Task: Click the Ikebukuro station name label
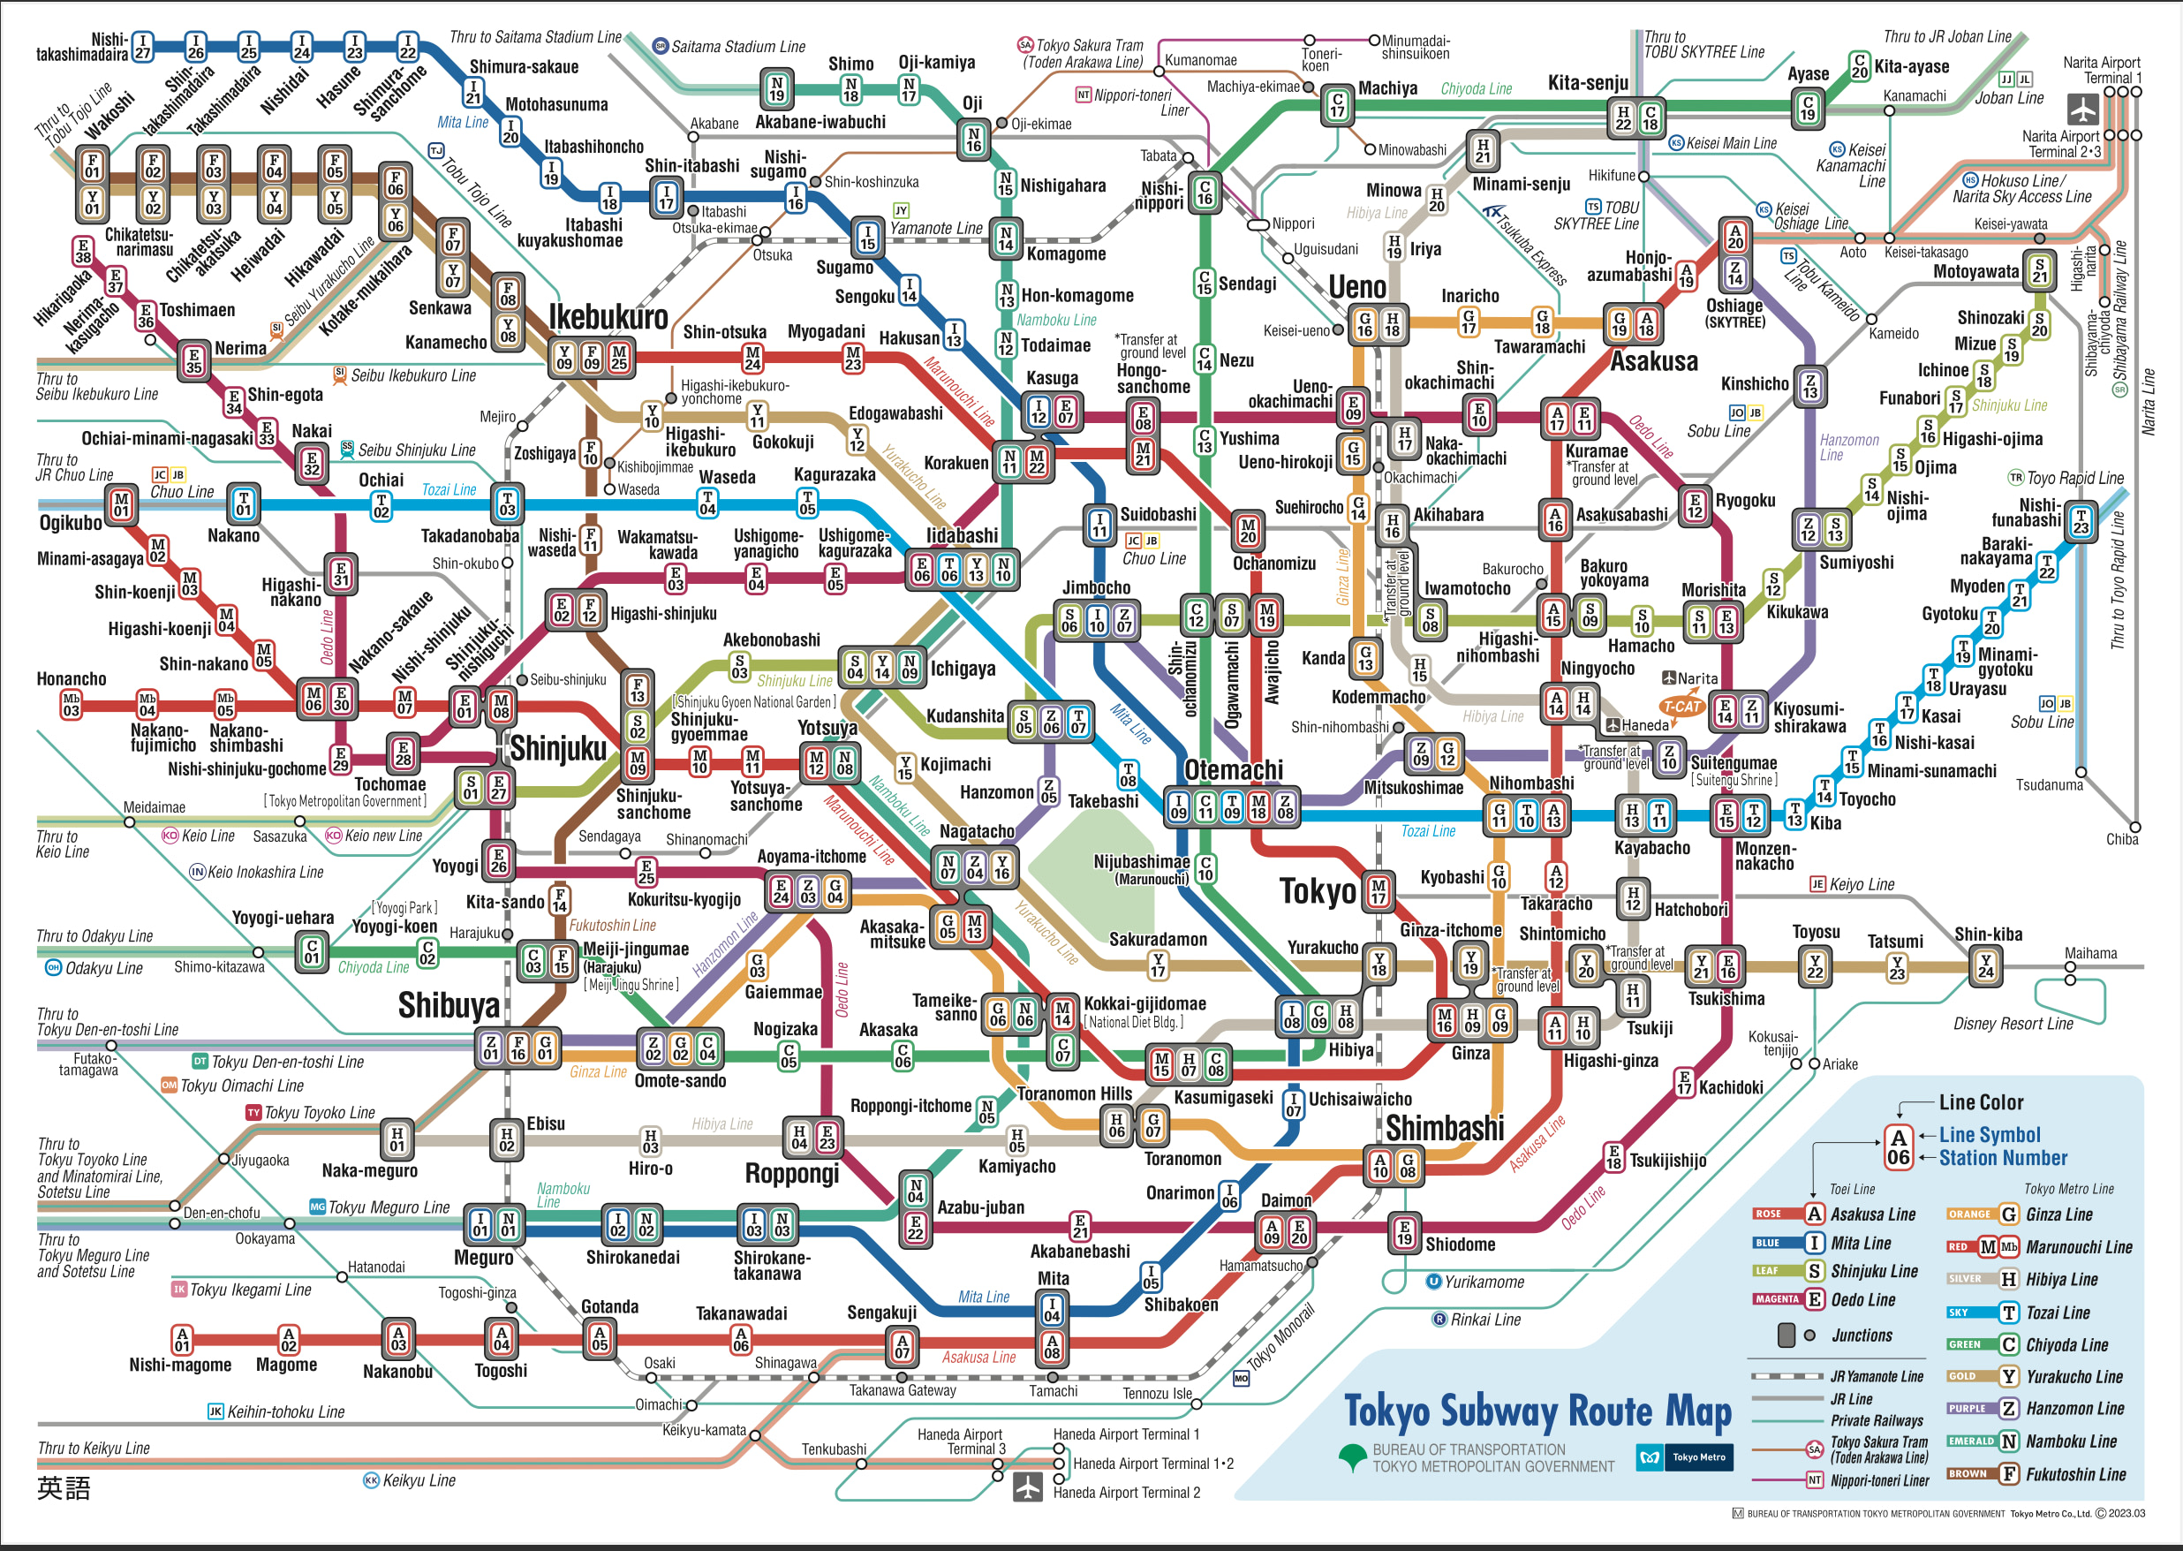[608, 316]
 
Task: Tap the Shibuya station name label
[449, 1005]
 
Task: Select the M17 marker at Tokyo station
[1378, 891]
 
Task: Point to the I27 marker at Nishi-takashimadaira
[142, 46]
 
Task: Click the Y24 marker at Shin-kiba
[1986, 965]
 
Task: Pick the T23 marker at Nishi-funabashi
[2081, 521]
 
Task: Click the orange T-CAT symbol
[1681, 707]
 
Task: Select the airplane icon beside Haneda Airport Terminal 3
[1028, 1488]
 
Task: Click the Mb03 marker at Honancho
[71, 705]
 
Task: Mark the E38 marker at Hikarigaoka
[83, 251]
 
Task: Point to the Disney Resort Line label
[2013, 1024]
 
